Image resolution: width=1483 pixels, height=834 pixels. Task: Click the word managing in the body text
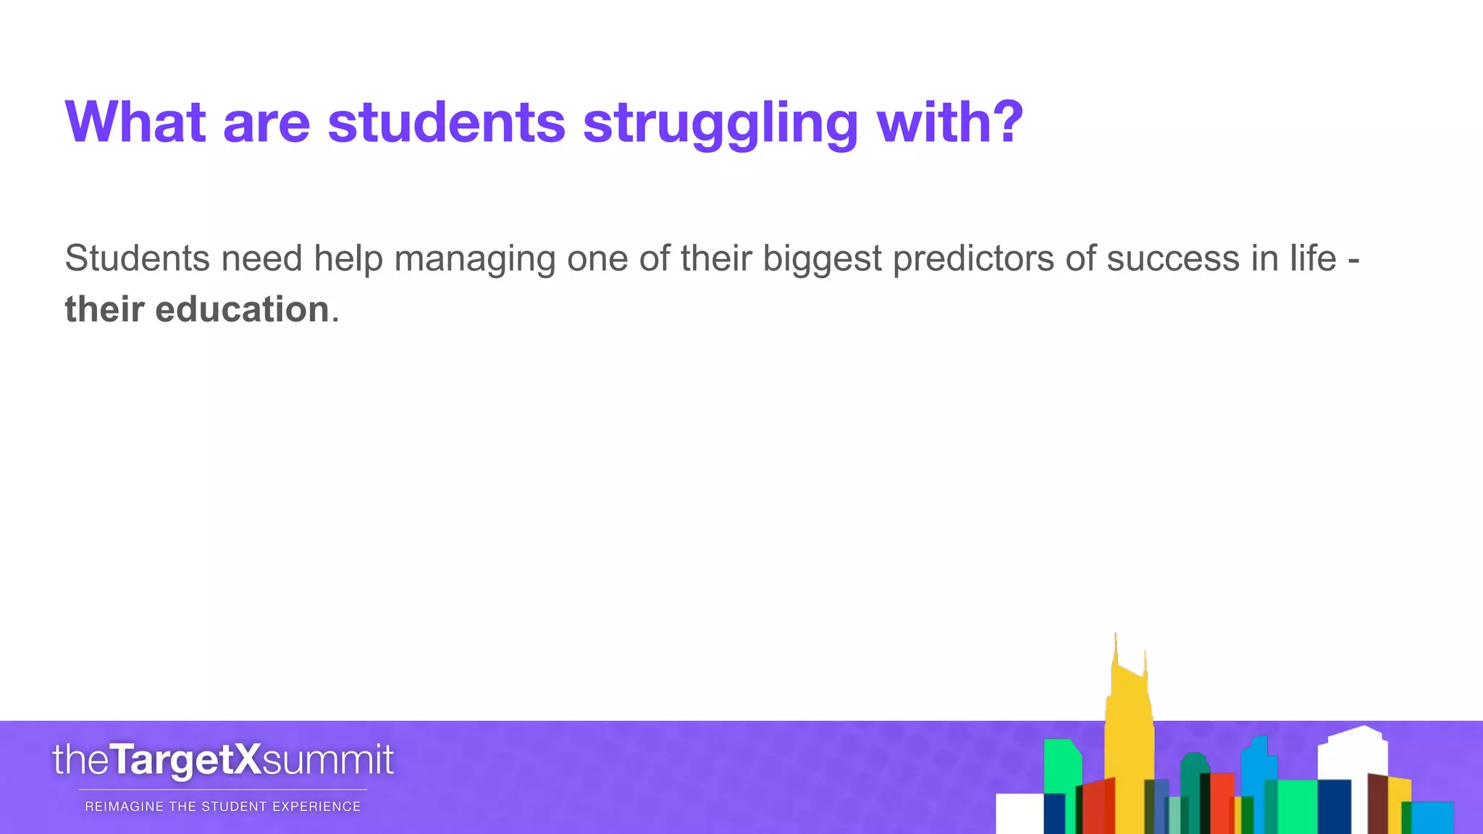point(474,259)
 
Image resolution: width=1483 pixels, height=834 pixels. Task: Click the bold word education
point(242,310)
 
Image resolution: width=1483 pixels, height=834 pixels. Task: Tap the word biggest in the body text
point(823,259)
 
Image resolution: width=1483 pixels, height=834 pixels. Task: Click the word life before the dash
point(1313,259)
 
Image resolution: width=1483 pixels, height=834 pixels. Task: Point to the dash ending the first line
point(1353,261)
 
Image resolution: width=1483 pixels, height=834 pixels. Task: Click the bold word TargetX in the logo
point(185,760)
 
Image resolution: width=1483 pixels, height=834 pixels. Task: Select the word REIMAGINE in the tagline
point(124,806)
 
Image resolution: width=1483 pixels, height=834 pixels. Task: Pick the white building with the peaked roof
point(1353,753)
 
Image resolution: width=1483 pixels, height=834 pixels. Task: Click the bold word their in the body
point(104,310)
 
